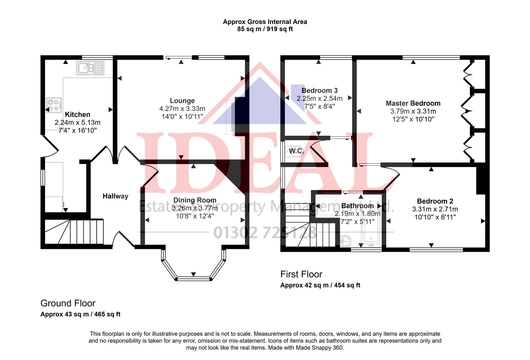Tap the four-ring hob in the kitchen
pos(54,105)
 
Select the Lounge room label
pos(182,101)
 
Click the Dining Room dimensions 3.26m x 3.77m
pos(194,208)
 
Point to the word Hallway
pos(115,196)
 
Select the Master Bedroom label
pos(413,103)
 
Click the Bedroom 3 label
pos(320,91)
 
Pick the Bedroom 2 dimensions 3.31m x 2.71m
pos(435,209)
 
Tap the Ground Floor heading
pos(68,303)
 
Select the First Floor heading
pos(301,274)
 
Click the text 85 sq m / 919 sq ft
pos(265,29)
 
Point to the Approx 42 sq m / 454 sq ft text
pos(320,285)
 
